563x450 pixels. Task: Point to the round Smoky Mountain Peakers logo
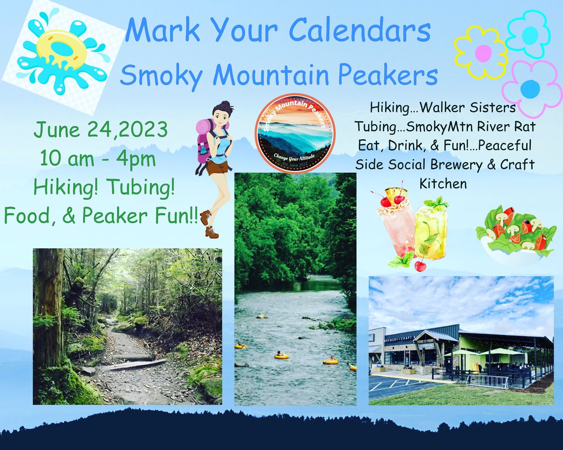point(295,133)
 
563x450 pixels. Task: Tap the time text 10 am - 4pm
point(98,159)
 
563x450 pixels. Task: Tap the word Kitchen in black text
point(443,183)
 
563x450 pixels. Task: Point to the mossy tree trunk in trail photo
point(49,319)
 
